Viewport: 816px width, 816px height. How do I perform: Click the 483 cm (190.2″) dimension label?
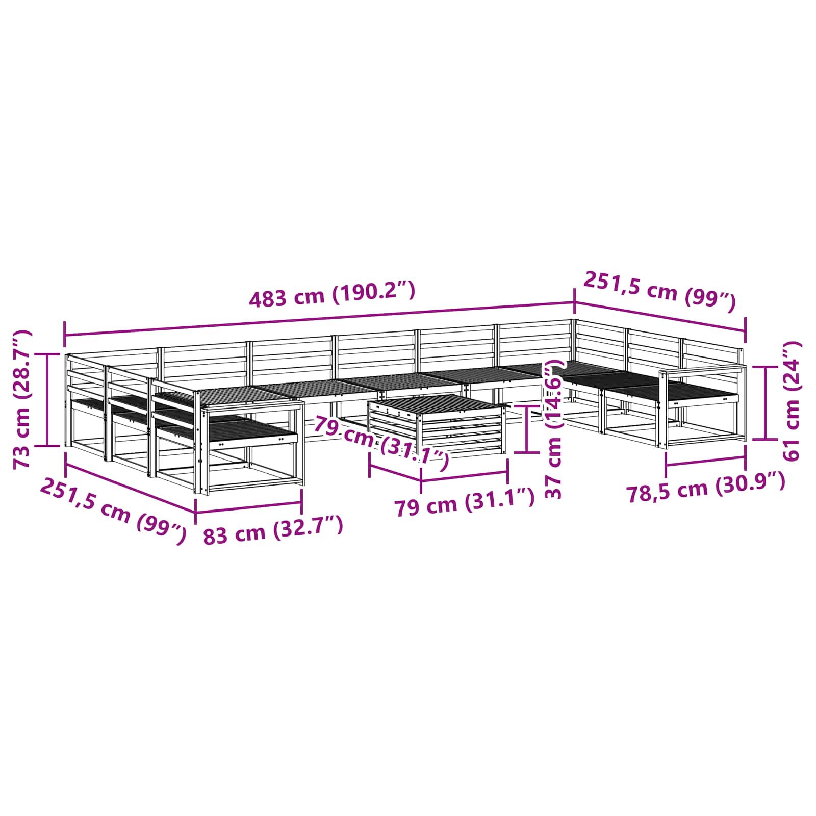[x=332, y=295]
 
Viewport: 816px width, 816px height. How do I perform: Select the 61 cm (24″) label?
[x=791, y=401]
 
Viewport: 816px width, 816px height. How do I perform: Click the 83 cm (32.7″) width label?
[x=273, y=530]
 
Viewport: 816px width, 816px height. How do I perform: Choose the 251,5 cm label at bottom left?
[x=113, y=511]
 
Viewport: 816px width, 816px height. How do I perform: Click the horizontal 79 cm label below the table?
[x=465, y=504]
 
